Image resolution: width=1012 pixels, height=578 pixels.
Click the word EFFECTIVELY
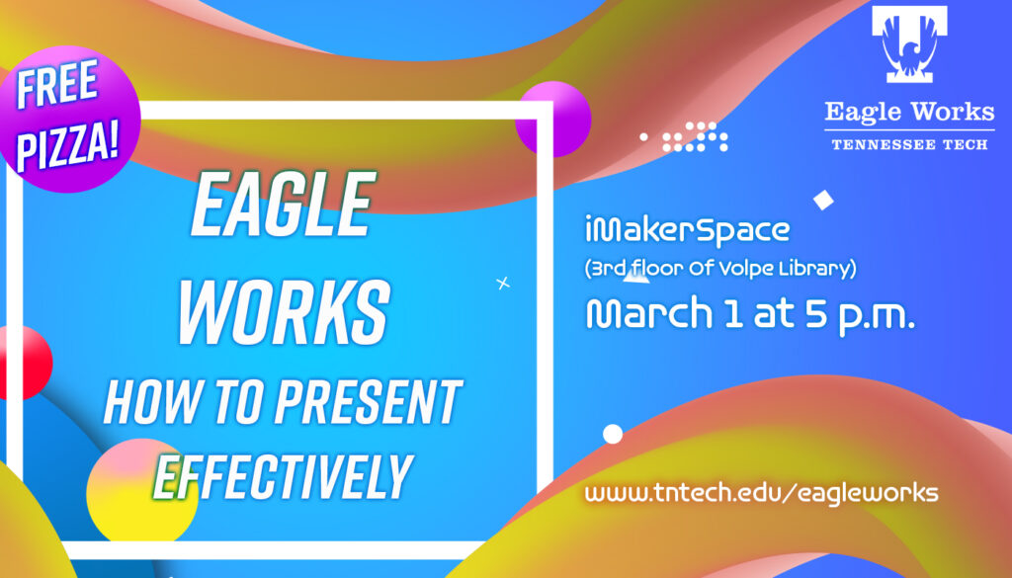tap(282, 475)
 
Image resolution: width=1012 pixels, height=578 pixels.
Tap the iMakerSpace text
tap(687, 232)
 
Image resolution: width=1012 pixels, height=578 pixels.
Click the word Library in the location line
tap(818, 268)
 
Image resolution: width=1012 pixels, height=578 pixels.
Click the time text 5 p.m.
tap(855, 314)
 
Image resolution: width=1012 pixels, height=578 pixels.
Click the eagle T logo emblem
tap(908, 45)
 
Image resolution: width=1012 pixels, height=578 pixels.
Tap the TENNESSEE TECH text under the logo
tap(909, 144)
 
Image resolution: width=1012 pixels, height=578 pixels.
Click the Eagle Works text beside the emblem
tap(909, 112)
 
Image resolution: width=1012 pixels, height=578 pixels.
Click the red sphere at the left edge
tap(22, 362)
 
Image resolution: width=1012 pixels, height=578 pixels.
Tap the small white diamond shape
tap(822, 200)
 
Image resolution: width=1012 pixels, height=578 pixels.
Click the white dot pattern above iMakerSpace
tap(693, 136)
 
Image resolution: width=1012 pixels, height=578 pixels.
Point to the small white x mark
tap(503, 284)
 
